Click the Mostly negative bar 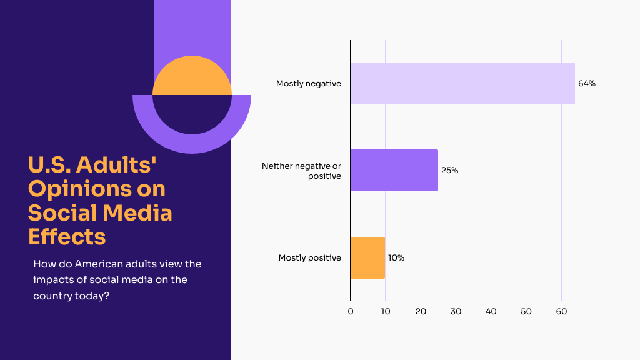click(x=462, y=83)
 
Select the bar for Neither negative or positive click(x=394, y=170)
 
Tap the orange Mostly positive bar click(x=367, y=257)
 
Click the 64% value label click(x=586, y=84)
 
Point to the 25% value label click(x=449, y=170)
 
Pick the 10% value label click(x=396, y=257)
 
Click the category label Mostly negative click(x=309, y=84)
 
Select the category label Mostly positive click(x=310, y=257)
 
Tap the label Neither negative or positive click(x=302, y=171)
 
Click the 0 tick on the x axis click(x=351, y=311)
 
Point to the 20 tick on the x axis click(x=421, y=311)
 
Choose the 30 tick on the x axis click(x=456, y=311)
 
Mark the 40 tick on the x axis click(x=491, y=311)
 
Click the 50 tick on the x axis click(x=526, y=311)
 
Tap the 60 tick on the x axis click(x=561, y=311)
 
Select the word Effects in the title click(x=67, y=237)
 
